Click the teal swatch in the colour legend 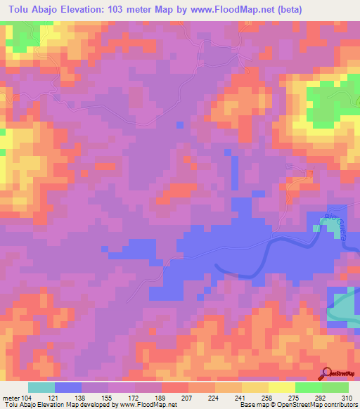point(41,387)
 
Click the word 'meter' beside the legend point(10,398)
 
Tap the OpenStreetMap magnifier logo point(326,374)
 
